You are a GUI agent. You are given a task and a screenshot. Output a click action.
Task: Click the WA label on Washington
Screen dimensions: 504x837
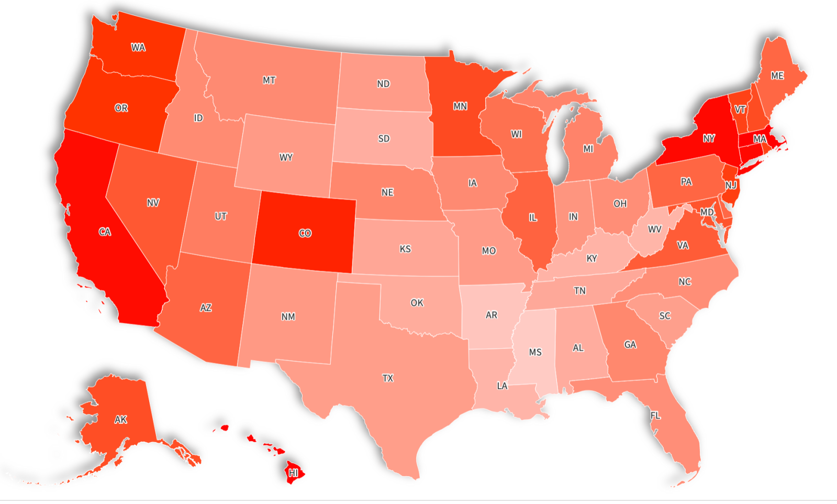(x=138, y=48)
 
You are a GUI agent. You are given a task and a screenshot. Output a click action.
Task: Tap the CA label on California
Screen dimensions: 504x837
(x=105, y=232)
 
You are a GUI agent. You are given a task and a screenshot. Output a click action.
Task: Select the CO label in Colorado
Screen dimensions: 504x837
(x=305, y=233)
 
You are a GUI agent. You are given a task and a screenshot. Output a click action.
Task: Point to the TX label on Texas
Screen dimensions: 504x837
(x=387, y=378)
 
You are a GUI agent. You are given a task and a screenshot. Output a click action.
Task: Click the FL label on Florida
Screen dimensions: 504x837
(x=655, y=415)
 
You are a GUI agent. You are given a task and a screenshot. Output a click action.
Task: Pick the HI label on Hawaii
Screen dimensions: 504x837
(x=293, y=473)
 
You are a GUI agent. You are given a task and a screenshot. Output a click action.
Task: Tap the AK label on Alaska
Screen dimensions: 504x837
(x=120, y=420)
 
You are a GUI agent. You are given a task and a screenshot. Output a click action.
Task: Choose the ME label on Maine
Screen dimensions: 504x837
(x=777, y=76)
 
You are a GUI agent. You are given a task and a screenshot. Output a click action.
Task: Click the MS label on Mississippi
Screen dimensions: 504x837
(x=535, y=352)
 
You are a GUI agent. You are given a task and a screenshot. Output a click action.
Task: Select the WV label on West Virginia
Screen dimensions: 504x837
(x=654, y=229)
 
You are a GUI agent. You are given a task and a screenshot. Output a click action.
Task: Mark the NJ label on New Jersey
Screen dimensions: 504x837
(x=731, y=185)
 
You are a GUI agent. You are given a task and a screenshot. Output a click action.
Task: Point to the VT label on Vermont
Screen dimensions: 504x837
(x=740, y=109)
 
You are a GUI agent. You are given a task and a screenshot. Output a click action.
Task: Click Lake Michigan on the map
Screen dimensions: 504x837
(x=559, y=152)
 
